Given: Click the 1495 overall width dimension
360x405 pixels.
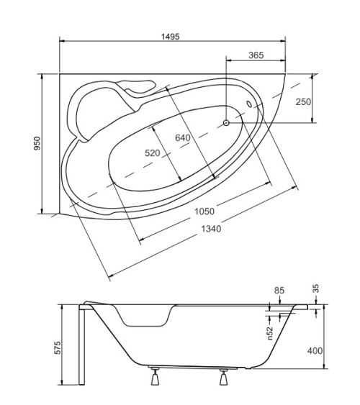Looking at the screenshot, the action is click(x=171, y=37).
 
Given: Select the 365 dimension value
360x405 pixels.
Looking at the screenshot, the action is click(x=256, y=55).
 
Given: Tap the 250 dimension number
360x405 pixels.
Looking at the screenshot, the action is click(x=303, y=101).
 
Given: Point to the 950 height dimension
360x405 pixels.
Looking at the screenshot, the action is click(x=37, y=143).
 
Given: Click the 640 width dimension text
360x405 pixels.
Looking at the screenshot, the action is click(x=183, y=137).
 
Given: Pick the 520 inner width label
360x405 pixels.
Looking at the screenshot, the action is click(x=152, y=153).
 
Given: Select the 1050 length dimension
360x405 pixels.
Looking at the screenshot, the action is click(x=204, y=211).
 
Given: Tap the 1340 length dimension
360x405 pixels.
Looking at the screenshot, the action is click(x=211, y=229).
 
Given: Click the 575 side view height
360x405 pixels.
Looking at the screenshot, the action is click(x=58, y=347).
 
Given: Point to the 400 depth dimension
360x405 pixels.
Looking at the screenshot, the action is click(x=315, y=351).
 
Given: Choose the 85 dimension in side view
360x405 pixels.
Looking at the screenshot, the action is click(x=279, y=291).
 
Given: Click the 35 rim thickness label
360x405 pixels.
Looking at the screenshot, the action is click(x=316, y=288).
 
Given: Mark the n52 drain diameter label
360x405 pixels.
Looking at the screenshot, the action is click(x=270, y=333).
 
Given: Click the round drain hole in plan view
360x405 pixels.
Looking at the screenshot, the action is click(x=226, y=123).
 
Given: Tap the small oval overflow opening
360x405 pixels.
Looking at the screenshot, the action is click(x=249, y=104).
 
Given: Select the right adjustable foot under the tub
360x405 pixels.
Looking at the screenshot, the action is click(x=223, y=377).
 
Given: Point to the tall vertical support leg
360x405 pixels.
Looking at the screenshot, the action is click(x=81, y=345).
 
